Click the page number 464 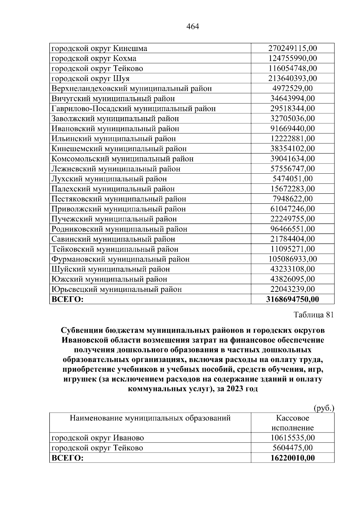(x=193, y=27)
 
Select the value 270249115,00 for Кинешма (x=292, y=48)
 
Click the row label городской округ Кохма (x=94, y=58)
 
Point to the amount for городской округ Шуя (x=292, y=79)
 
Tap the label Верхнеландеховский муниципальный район (x=132, y=88)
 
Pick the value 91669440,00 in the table (x=292, y=129)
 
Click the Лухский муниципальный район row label (x=109, y=179)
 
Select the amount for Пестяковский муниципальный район (x=292, y=199)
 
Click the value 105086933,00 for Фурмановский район (x=292, y=259)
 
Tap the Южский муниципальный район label (x=109, y=279)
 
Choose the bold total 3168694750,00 (x=292, y=299)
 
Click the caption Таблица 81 (x=313, y=315)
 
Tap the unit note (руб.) (x=324, y=408)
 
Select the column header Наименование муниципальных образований (x=150, y=418)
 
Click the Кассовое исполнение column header (x=292, y=423)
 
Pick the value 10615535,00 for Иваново (x=292, y=438)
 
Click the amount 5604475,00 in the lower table (x=292, y=448)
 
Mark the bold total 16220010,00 (x=292, y=458)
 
